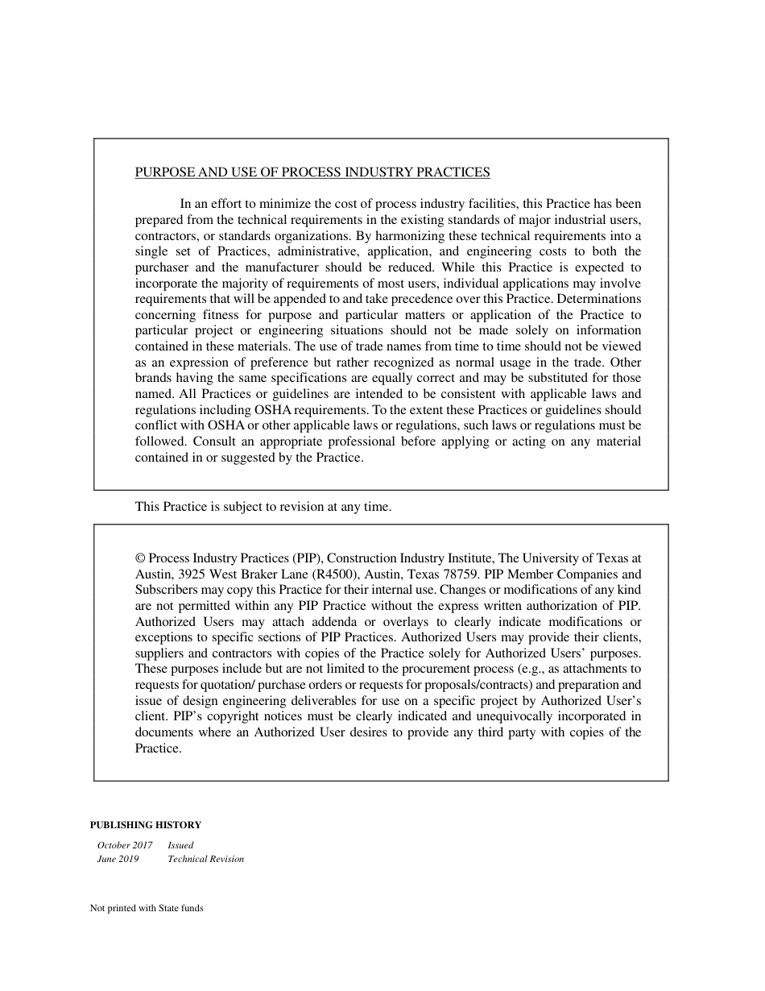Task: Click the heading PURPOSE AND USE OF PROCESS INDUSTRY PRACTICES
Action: click(x=312, y=172)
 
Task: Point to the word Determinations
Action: click(x=599, y=299)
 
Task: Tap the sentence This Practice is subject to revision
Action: click(x=263, y=507)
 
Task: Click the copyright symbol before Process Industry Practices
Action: click(x=140, y=558)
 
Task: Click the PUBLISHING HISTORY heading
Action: click(x=145, y=825)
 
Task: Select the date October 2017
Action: click(x=125, y=845)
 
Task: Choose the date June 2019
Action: click(x=118, y=859)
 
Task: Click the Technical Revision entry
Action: click(x=205, y=859)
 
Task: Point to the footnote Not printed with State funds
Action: click(x=147, y=908)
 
